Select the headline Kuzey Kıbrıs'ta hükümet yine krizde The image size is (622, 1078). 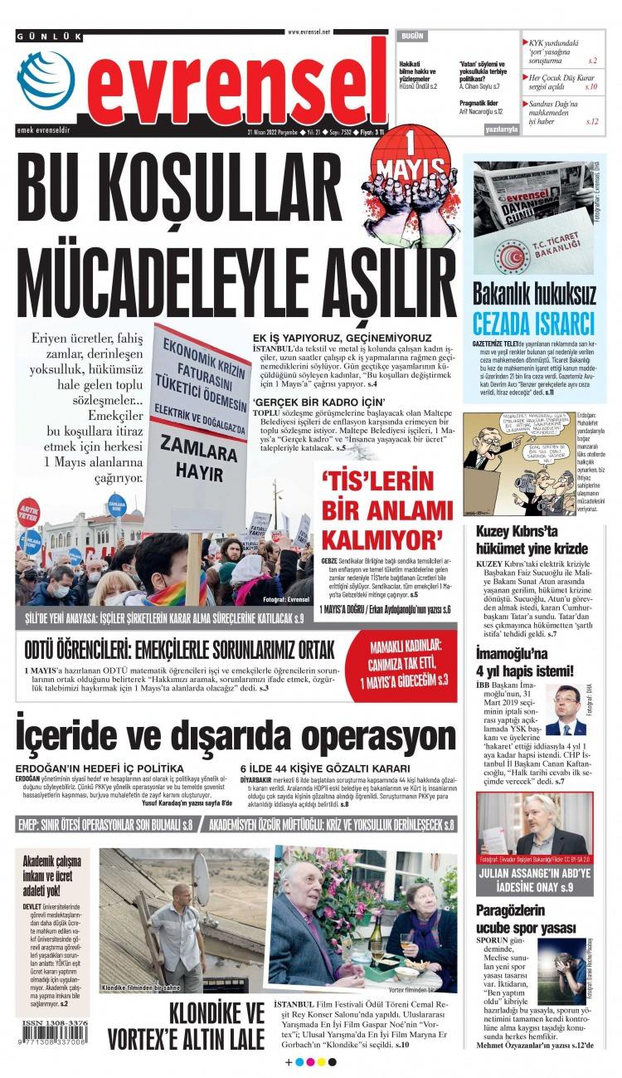pyautogui.click(x=531, y=539)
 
